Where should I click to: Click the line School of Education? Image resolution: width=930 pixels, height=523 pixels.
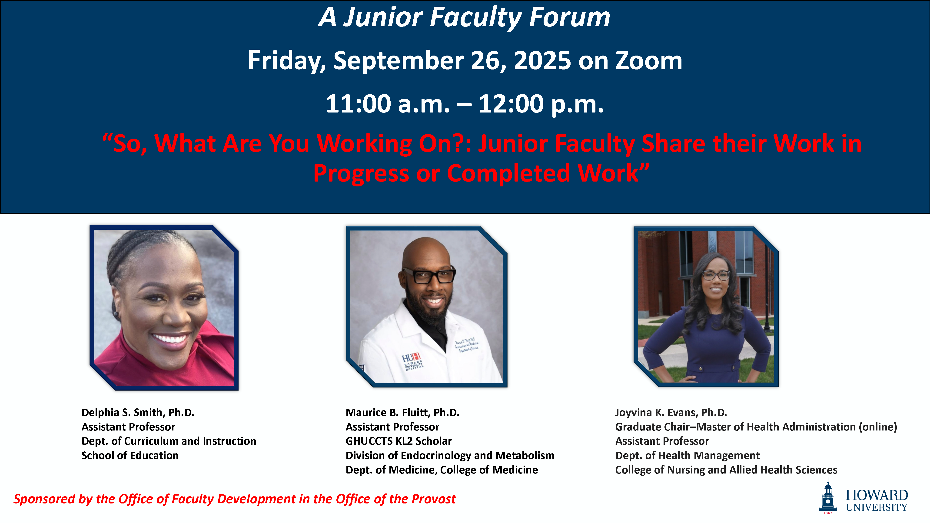point(130,456)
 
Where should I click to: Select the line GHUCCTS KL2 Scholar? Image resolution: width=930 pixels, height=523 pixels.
point(399,441)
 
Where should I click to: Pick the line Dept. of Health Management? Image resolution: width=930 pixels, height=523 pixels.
point(688,456)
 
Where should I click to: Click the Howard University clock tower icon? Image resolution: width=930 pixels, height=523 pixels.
point(828,496)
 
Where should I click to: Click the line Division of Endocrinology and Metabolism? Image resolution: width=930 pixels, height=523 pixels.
point(450,456)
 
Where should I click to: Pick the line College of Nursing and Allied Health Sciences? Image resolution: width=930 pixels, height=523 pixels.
point(726,470)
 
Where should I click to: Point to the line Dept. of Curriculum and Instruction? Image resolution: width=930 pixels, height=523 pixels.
point(169,441)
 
